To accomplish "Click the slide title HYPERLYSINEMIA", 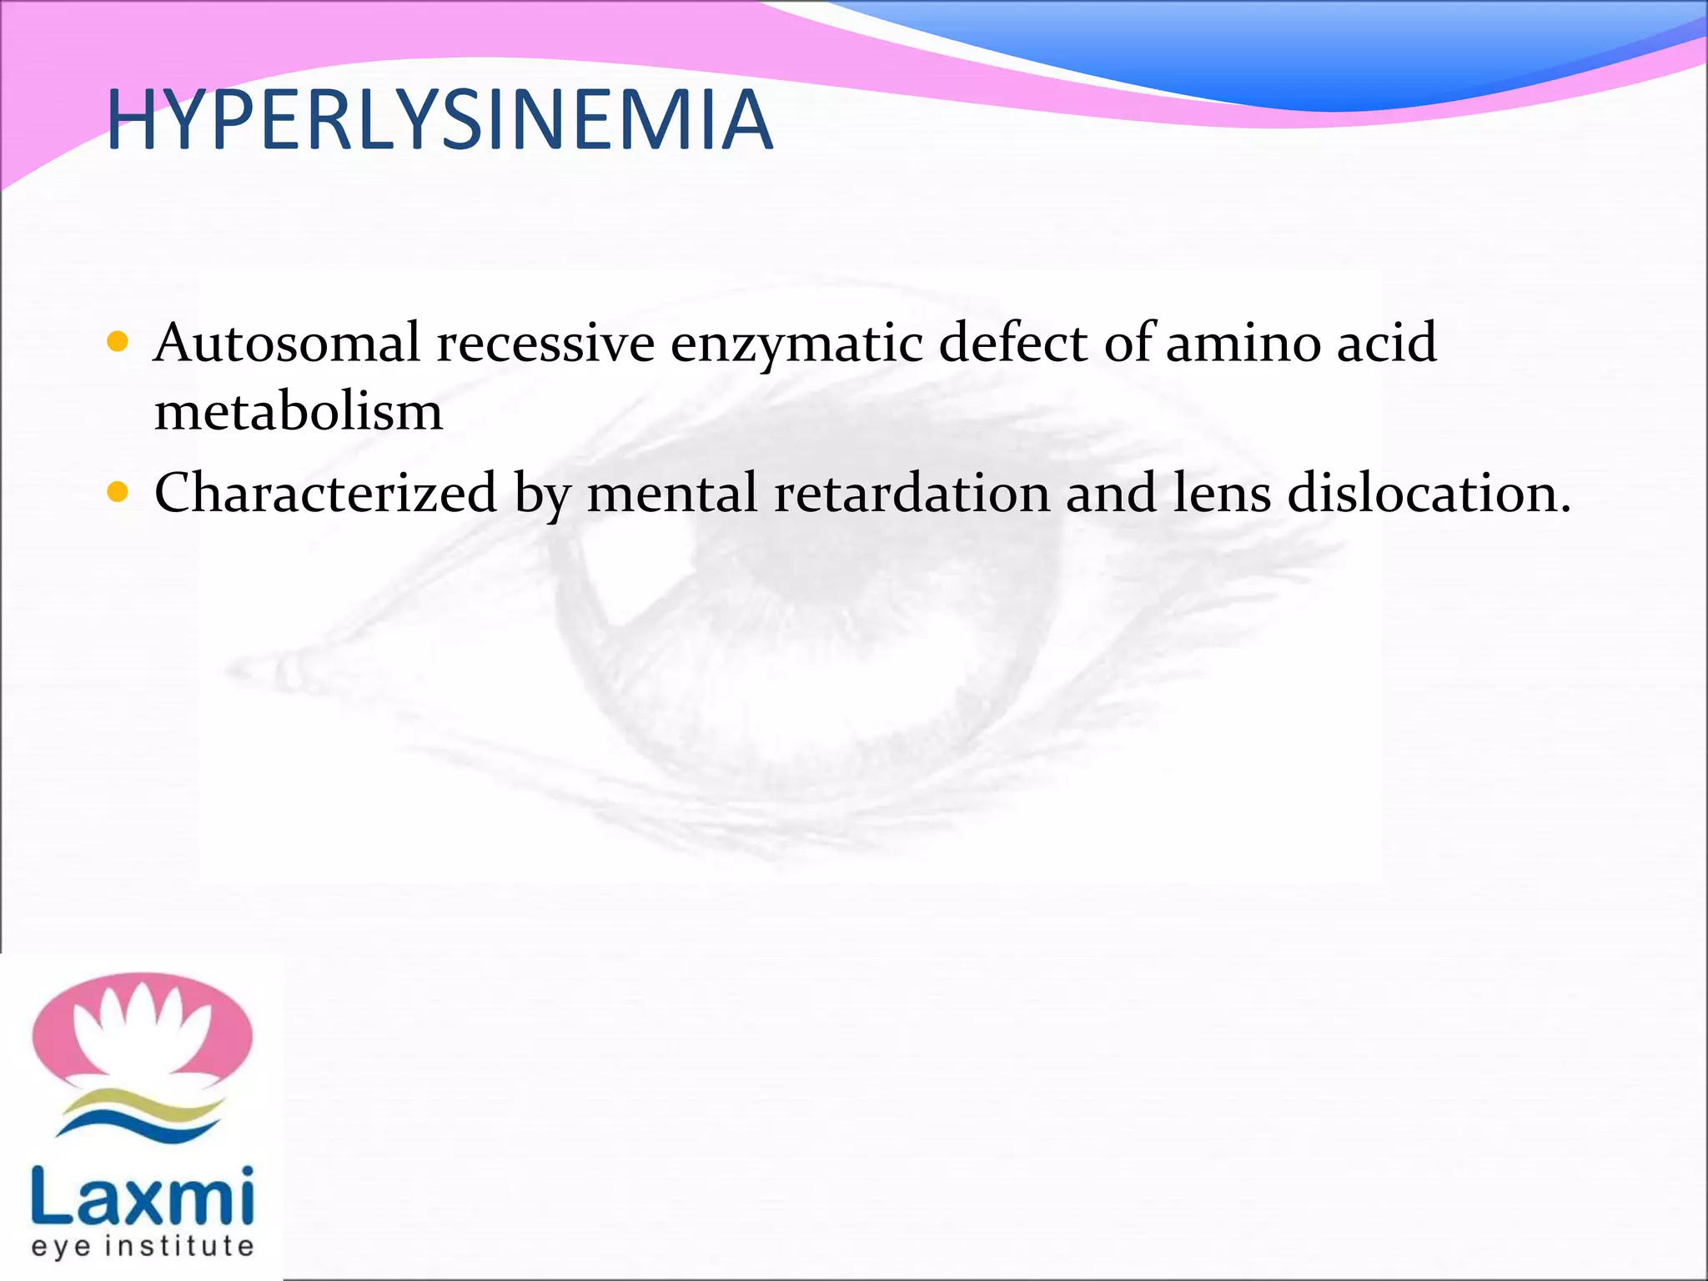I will coord(440,122).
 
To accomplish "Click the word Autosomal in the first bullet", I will coord(287,343).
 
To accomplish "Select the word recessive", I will coord(545,343).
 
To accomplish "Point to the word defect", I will coord(1012,343).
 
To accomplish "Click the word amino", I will coord(1243,343).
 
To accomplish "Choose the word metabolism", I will coord(299,411).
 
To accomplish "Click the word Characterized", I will coord(326,493).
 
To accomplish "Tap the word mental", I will coord(672,493).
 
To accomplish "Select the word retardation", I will coord(912,493).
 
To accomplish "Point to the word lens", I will coord(1222,493).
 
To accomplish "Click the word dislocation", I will coord(1428,493).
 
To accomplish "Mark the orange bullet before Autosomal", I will coord(118,342).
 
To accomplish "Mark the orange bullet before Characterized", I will coord(118,492).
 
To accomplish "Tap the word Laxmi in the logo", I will coord(142,1196).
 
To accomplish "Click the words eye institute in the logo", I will coord(142,1247).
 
